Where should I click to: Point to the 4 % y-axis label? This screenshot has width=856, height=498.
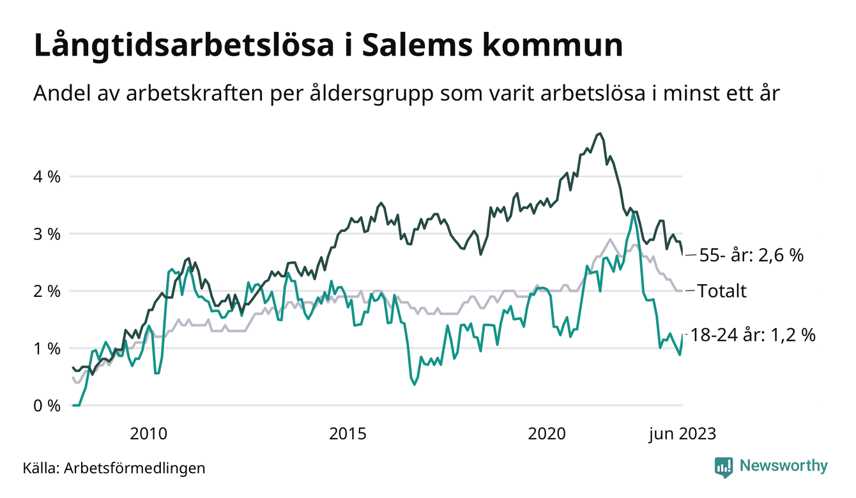click(47, 176)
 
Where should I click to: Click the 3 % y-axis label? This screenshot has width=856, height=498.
click(47, 234)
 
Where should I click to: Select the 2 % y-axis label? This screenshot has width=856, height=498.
click(47, 291)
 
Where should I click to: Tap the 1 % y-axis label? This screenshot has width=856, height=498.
click(47, 349)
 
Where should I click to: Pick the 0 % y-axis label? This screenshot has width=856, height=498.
click(47, 406)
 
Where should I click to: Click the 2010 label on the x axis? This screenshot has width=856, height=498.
click(148, 434)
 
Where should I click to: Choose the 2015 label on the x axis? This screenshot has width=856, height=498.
click(348, 434)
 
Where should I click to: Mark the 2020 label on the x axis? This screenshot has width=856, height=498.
click(547, 434)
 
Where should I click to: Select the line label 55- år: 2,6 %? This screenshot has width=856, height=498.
click(751, 255)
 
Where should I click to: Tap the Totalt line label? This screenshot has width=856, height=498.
click(722, 292)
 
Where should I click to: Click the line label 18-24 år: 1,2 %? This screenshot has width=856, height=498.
click(753, 335)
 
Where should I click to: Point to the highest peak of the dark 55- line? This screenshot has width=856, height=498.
click(599, 133)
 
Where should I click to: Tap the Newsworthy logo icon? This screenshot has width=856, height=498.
click(724, 467)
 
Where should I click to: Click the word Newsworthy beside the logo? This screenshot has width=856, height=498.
click(783, 466)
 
